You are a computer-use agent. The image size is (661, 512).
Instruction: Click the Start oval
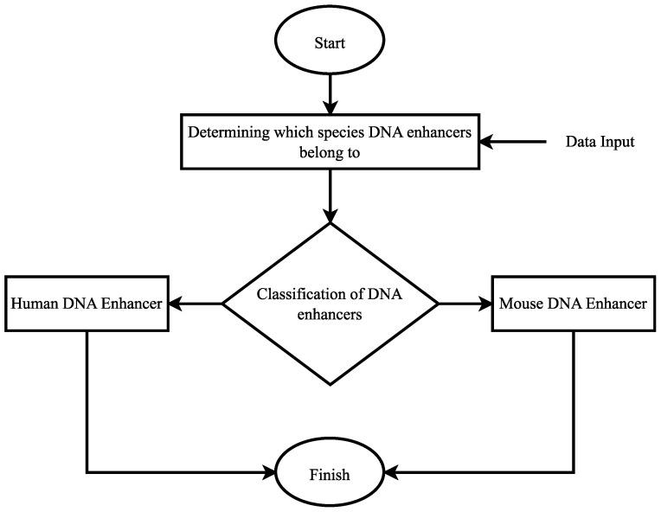330,42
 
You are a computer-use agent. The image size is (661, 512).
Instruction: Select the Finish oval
330,474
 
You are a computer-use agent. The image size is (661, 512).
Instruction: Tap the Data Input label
600,142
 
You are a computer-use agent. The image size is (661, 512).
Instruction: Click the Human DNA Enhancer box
87,304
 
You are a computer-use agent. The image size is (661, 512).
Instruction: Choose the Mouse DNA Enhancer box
573,304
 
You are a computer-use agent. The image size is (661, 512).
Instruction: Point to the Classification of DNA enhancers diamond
330,304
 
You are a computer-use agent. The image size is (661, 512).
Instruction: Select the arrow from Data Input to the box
515,142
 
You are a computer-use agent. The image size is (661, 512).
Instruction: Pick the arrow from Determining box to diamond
330,195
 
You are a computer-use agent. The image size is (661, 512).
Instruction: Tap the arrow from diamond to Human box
196,304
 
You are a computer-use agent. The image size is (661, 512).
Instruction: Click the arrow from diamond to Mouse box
465,304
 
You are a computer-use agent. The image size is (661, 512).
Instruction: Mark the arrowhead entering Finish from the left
267,473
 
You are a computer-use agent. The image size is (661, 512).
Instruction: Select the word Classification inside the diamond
298,294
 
